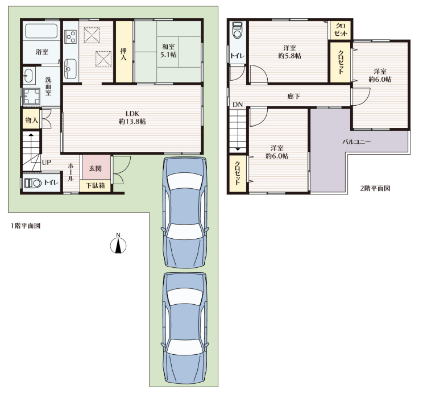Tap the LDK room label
pos(132,118)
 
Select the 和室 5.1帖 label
pos(168,51)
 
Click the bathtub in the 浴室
pos(42,31)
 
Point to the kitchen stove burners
pos(71,37)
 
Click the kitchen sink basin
pos(70,69)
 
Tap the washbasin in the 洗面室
pos(29,76)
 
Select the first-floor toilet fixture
pos(32,183)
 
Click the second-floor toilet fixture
pos(238,30)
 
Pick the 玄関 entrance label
pos(95,169)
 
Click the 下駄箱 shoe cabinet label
pos(95,185)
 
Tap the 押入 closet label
pos(123,54)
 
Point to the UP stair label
pos(47,162)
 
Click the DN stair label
pos(238,105)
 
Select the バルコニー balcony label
pos(356,142)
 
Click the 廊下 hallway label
pos(293,96)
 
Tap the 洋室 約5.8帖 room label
pos(290,52)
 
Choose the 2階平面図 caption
pos(375,188)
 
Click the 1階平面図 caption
pos(26,226)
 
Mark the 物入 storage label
pos(31,120)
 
